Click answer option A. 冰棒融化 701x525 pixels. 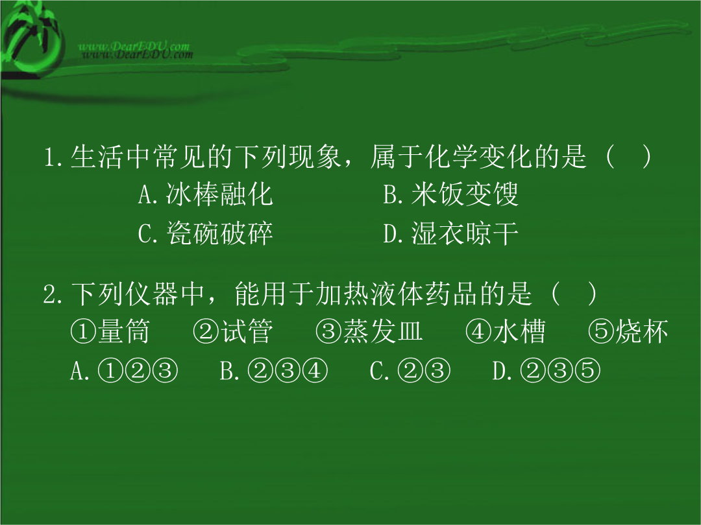[205, 194]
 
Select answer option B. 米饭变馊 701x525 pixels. [450, 194]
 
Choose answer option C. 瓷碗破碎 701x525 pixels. [205, 233]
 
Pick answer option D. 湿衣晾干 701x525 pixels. [450, 233]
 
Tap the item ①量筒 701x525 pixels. [110, 331]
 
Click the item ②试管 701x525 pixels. [232, 331]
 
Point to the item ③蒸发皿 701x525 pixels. [369, 331]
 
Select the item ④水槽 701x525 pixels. [505, 331]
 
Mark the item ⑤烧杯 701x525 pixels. [628, 331]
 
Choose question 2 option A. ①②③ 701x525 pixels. [124, 371]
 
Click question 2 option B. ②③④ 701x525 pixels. [274, 371]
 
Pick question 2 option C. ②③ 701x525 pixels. [410, 371]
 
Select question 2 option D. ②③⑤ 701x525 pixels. [547, 371]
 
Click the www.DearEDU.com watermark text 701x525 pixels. [136, 50]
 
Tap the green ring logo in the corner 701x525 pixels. [31, 42]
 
